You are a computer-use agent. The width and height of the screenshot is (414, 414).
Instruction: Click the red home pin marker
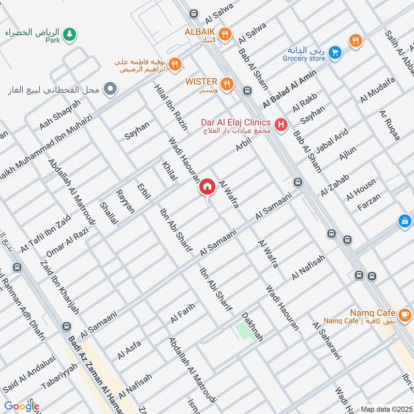(207, 187)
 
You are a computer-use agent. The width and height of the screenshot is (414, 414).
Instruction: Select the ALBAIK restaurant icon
(225, 34)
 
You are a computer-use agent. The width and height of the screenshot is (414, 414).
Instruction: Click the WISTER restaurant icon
(226, 83)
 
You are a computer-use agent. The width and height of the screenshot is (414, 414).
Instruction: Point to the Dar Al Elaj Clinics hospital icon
(280, 124)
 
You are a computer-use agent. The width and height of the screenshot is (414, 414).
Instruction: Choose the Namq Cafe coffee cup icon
(404, 313)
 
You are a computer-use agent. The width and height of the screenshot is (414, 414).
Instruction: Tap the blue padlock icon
(405, 221)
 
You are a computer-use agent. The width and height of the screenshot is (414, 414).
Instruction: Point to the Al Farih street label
(182, 314)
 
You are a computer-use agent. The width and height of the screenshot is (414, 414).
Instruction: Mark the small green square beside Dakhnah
(242, 330)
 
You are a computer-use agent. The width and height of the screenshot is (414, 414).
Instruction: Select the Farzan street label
(369, 203)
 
